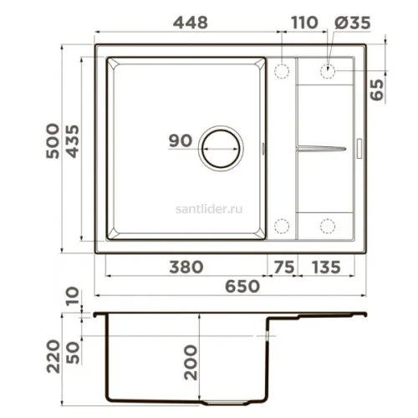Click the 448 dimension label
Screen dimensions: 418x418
click(x=191, y=23)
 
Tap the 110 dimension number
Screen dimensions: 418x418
click(x=304, y=23)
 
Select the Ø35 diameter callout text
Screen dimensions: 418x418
click(x=353, y=23)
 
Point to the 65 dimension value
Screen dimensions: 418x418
click(x=377, y=89)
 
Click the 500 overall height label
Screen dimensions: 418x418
click(x=53, y=141)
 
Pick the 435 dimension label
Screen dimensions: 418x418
click(x=73, y=141)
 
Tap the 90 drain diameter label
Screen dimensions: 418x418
click(x=181, y=140)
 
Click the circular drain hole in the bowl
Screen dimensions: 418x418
click(x=221, y=149)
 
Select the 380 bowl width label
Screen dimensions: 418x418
click(x=186, y=267)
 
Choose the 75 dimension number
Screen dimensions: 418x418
click(x=284, y=267)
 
